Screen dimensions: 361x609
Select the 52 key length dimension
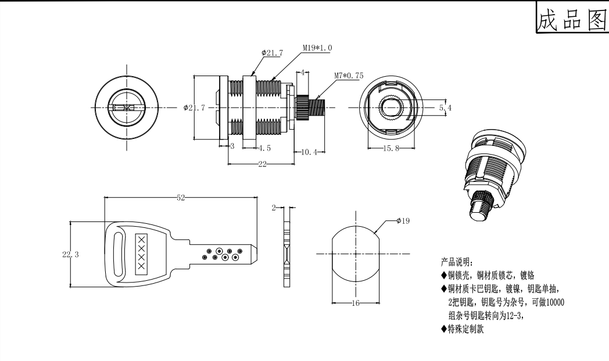(x=181, y=198)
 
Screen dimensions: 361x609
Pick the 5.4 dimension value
(x=445, y=108)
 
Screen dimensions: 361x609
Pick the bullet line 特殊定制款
(x=465, y=330)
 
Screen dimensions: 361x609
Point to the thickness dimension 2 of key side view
(x=275, y=207)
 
